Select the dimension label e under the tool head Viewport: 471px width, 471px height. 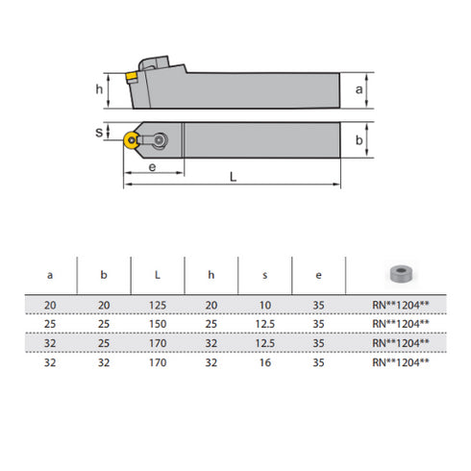click(x=154, y=167)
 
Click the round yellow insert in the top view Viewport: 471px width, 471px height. click(x=130, y=140)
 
